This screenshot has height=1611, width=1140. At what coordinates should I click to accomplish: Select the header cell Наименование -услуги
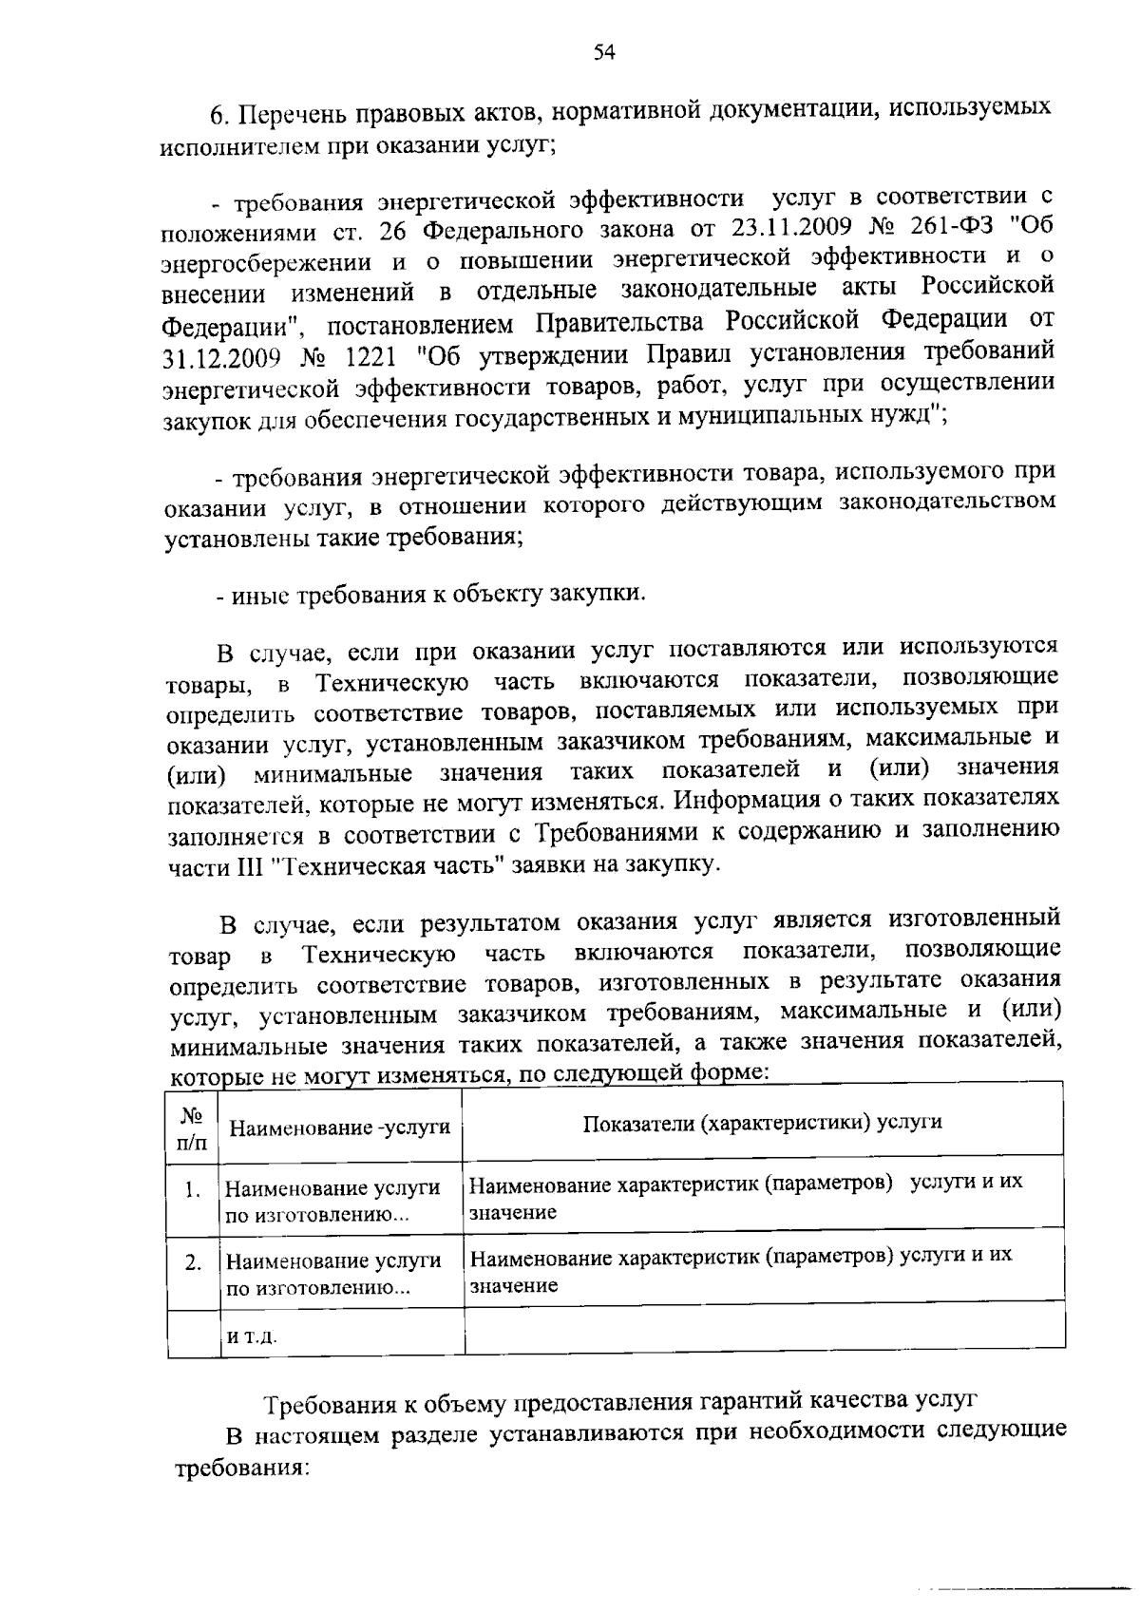point(340,1128)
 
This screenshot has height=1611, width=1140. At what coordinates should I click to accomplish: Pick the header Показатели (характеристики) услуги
point(762,1122)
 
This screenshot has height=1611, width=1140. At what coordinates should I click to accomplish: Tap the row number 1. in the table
point(193,1189)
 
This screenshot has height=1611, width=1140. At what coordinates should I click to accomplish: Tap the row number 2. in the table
point(193,1263)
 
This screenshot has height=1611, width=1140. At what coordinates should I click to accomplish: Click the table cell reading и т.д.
point(251,1336)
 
